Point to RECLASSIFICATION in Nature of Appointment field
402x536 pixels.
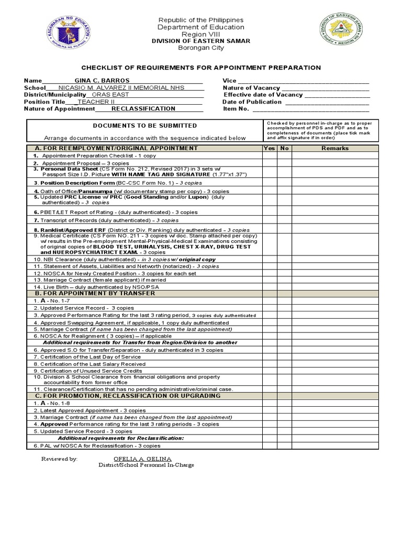(x=143, y=108)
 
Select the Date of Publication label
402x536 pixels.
(x=252, y=102)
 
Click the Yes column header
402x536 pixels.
(x=270, y=148)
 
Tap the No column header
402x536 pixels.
(x=284, y=148)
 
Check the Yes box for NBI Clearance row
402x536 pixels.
(x=270, y=259)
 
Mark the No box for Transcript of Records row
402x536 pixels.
(x=284, y=220)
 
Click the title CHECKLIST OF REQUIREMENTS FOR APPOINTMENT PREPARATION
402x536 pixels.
(x=200, y=68)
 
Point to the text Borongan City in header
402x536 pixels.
(x=200, y=48)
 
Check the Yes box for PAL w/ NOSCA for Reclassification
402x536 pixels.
(x=270, y=445)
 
